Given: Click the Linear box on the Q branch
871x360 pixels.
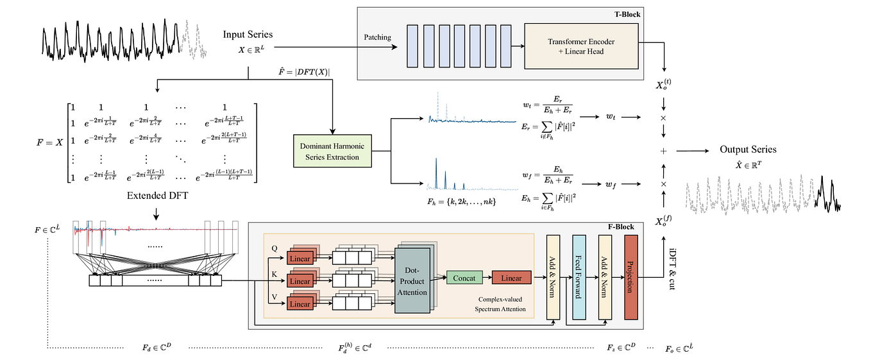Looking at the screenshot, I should (x=300, y=259).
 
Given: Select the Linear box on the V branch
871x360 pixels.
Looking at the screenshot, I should (x=300, y=304).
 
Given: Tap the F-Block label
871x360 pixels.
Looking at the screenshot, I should (x=620, y=227).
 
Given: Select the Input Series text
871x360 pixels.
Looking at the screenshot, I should (x=248, y=34).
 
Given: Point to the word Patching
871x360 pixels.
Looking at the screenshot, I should (x=377, y=37).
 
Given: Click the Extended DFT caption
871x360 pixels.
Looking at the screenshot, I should (x=156, y=195).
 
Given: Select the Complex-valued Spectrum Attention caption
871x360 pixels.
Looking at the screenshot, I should (x=500, y=304).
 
